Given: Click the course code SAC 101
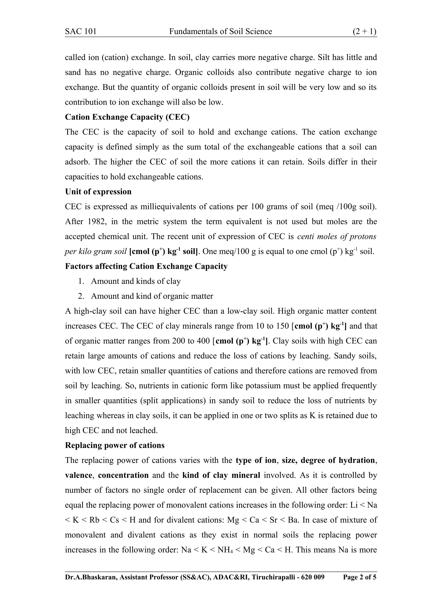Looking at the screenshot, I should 81,32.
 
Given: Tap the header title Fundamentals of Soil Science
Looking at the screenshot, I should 220,32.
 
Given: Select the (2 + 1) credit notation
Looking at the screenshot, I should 364,32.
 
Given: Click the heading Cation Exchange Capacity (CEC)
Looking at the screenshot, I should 127,117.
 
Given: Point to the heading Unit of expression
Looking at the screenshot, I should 98,192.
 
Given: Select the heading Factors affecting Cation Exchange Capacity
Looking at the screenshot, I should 146,266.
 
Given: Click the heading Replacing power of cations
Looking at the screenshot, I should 115,446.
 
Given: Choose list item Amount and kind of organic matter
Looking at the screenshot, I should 152,296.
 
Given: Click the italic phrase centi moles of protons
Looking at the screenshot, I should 336,236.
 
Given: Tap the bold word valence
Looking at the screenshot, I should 79,475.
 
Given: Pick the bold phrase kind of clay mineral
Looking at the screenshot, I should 221,475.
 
